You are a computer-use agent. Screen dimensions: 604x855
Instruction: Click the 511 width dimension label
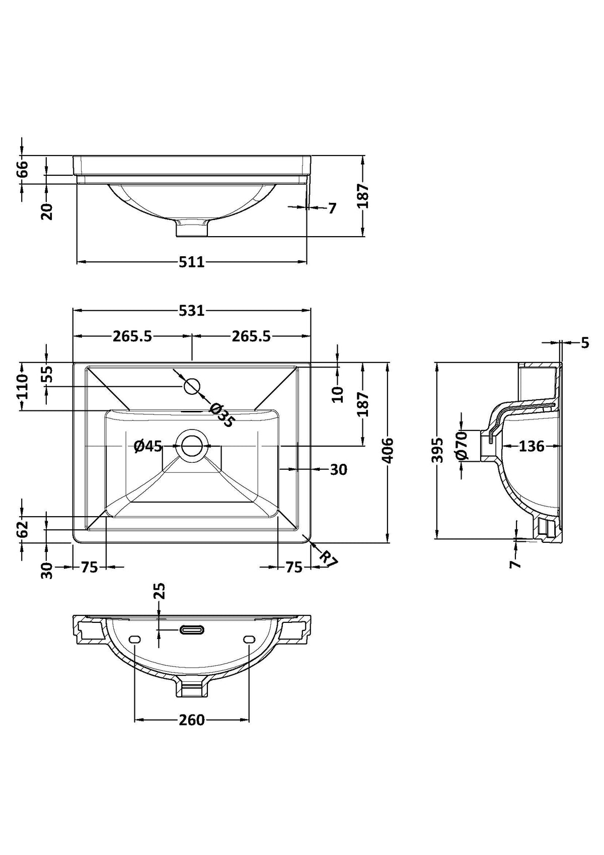tap(191, 262)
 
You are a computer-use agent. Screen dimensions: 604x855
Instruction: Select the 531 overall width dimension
tap(192, 311)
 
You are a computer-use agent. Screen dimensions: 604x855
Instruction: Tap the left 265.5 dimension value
tap(132, 335)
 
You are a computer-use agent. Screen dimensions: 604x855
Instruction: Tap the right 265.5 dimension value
tap(251, 335)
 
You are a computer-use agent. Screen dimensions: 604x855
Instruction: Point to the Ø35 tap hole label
tap(221, 415)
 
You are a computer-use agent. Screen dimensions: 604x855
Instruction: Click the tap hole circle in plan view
tap(192, 387)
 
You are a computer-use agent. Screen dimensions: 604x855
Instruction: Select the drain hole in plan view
tap(192, 446)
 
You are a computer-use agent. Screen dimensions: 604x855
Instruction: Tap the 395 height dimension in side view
tap(437, 450)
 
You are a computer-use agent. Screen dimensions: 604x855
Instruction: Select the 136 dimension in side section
tap(531, 446)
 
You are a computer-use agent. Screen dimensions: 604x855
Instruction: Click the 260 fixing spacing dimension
tap(192, 720)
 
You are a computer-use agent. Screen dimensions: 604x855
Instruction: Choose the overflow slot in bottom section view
tap(192, 630)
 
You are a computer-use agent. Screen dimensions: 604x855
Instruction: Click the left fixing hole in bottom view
tap(134, 639)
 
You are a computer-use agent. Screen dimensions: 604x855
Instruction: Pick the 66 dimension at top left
tap(23, 169)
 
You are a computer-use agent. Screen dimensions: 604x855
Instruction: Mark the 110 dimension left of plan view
tap(23, 386)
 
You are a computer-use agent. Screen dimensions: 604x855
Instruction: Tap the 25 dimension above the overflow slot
tap(159, 591)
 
